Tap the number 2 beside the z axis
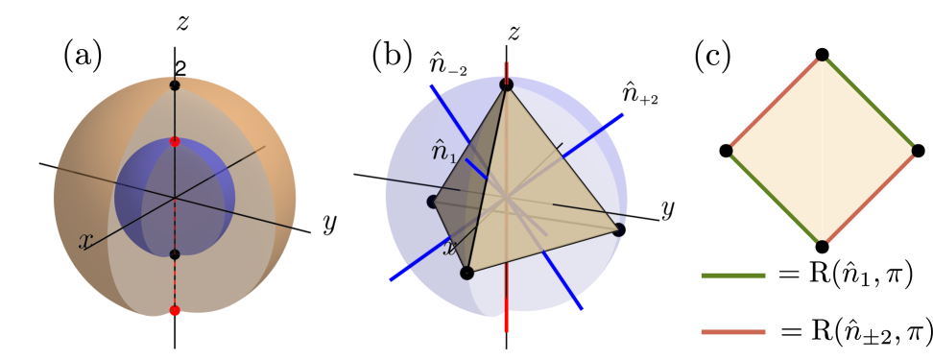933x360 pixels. (x=179, y=68)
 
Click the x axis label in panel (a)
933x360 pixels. (x=85, y=241)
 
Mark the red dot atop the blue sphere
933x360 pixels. (x=175, y=141)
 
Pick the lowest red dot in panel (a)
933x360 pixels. (x=175, y=310)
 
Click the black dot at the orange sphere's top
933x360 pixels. (x=175, y=85)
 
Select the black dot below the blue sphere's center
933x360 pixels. (x=175, y=254)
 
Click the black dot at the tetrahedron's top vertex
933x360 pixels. (x=507, y=85)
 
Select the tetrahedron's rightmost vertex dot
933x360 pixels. (x=619, y=229)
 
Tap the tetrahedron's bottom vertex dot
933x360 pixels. (x=466, y=273)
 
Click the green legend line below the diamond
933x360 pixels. (x=733, y=276)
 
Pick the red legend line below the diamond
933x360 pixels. (x=733, y=332)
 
